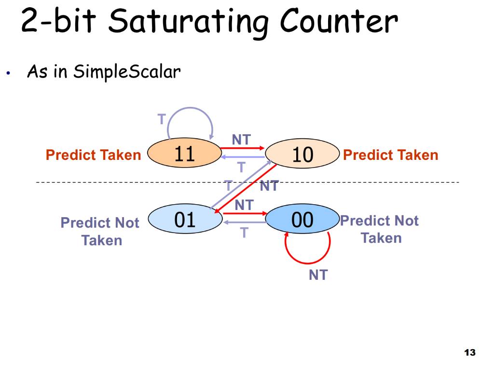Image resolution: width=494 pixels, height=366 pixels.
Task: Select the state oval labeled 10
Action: coord(302,155)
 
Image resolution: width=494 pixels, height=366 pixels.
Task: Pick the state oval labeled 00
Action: coord(302,220)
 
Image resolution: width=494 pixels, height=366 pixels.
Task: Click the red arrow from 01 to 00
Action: coord(245,213)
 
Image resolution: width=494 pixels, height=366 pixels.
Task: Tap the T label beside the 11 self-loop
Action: coord(162,119)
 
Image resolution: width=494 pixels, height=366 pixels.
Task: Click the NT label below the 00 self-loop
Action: coord(318,275)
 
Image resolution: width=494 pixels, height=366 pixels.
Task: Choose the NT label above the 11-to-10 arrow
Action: coord(241,140)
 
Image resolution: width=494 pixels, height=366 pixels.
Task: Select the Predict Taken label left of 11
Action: coord(93,155)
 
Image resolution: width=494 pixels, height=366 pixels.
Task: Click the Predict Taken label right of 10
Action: coord(390,155)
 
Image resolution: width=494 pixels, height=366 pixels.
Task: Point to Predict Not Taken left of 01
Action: coord(100,231)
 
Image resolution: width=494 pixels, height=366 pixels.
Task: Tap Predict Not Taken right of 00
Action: coord(380,229)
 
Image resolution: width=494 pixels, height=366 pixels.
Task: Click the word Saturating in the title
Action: coord(189,22)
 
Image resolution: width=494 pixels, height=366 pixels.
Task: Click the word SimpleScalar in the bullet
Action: coord(126,72)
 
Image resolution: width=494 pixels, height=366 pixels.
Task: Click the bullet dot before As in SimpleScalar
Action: coord(8,74)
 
